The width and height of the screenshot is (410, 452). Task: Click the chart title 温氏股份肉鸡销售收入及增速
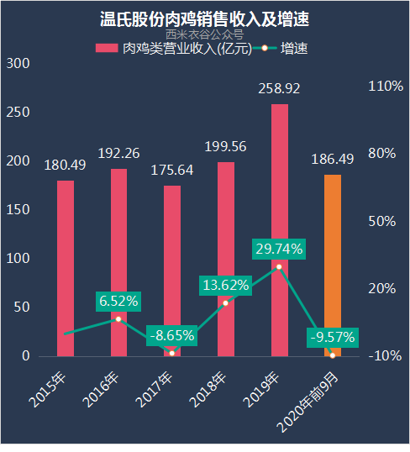tap(205, 18)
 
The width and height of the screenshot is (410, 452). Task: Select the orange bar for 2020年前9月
tap(333, 265)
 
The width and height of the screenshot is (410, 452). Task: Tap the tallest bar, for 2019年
tap(279, 230)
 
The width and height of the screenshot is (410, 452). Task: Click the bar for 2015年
tap(65, 268)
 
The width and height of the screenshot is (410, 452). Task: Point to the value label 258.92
tap(279, 88)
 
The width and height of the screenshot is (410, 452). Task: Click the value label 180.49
tap(65, 165)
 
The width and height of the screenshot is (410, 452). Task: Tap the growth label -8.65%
tap(171, 335)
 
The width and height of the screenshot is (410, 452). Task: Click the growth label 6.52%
tap(118, 301)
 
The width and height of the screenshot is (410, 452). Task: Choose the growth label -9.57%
tap(333, 338)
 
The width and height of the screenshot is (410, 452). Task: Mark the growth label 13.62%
tap(225, 285)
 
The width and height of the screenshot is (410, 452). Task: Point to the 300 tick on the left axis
tap(18, 64)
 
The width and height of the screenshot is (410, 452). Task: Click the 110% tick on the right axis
tap(386, 87)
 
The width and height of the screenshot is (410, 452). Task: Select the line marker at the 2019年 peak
tap(279, 266)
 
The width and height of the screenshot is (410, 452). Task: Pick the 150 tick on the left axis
tap(18, 210)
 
